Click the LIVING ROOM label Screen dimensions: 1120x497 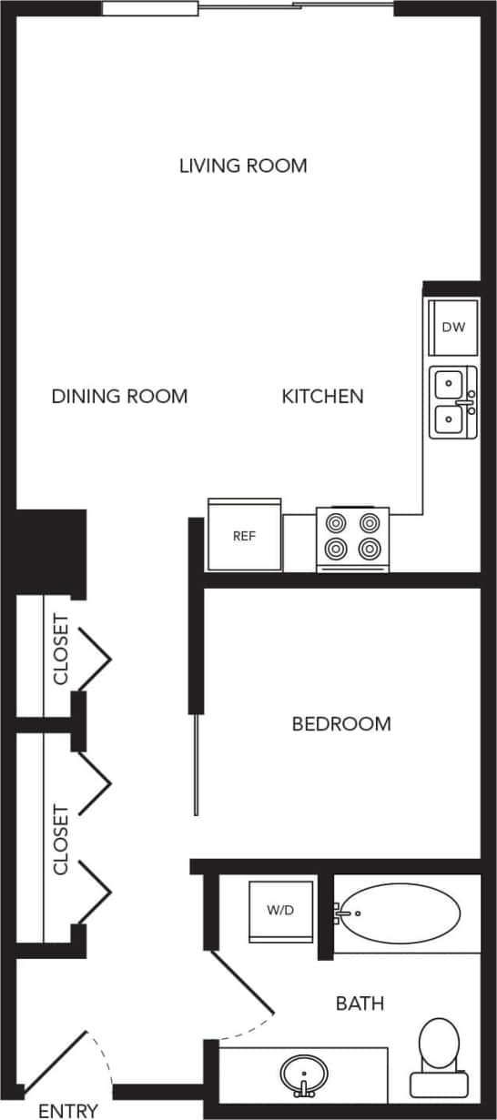(243, 166)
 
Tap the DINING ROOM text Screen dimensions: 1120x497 (119, 397)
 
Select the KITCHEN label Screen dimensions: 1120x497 (322, 397)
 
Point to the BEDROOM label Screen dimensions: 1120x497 (341, 724)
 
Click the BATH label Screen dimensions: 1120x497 (360, 1004)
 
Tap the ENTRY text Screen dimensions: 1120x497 (68, 1111)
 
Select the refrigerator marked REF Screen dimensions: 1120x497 (244, 536)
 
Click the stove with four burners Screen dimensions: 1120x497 (353, 537)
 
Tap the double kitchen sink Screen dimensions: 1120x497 (453, 401)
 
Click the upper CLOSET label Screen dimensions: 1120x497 (61, 650)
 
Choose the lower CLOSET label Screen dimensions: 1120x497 (61, 839)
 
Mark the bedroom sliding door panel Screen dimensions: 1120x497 (195, 764)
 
